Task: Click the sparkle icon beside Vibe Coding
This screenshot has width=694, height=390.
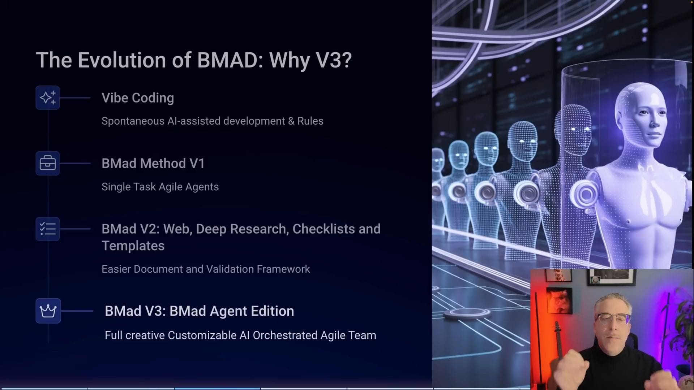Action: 48,97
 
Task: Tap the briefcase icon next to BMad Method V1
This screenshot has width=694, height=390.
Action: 48,163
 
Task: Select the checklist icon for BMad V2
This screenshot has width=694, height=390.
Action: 48,229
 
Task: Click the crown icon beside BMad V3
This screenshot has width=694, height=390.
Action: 48,311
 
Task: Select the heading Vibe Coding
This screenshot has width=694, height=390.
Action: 138,98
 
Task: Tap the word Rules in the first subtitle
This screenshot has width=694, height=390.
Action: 310,121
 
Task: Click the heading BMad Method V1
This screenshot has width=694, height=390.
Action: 153,163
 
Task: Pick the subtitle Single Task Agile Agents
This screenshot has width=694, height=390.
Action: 160,187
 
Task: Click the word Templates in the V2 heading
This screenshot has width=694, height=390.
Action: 133,246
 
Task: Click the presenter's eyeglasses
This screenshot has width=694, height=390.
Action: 614,318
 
